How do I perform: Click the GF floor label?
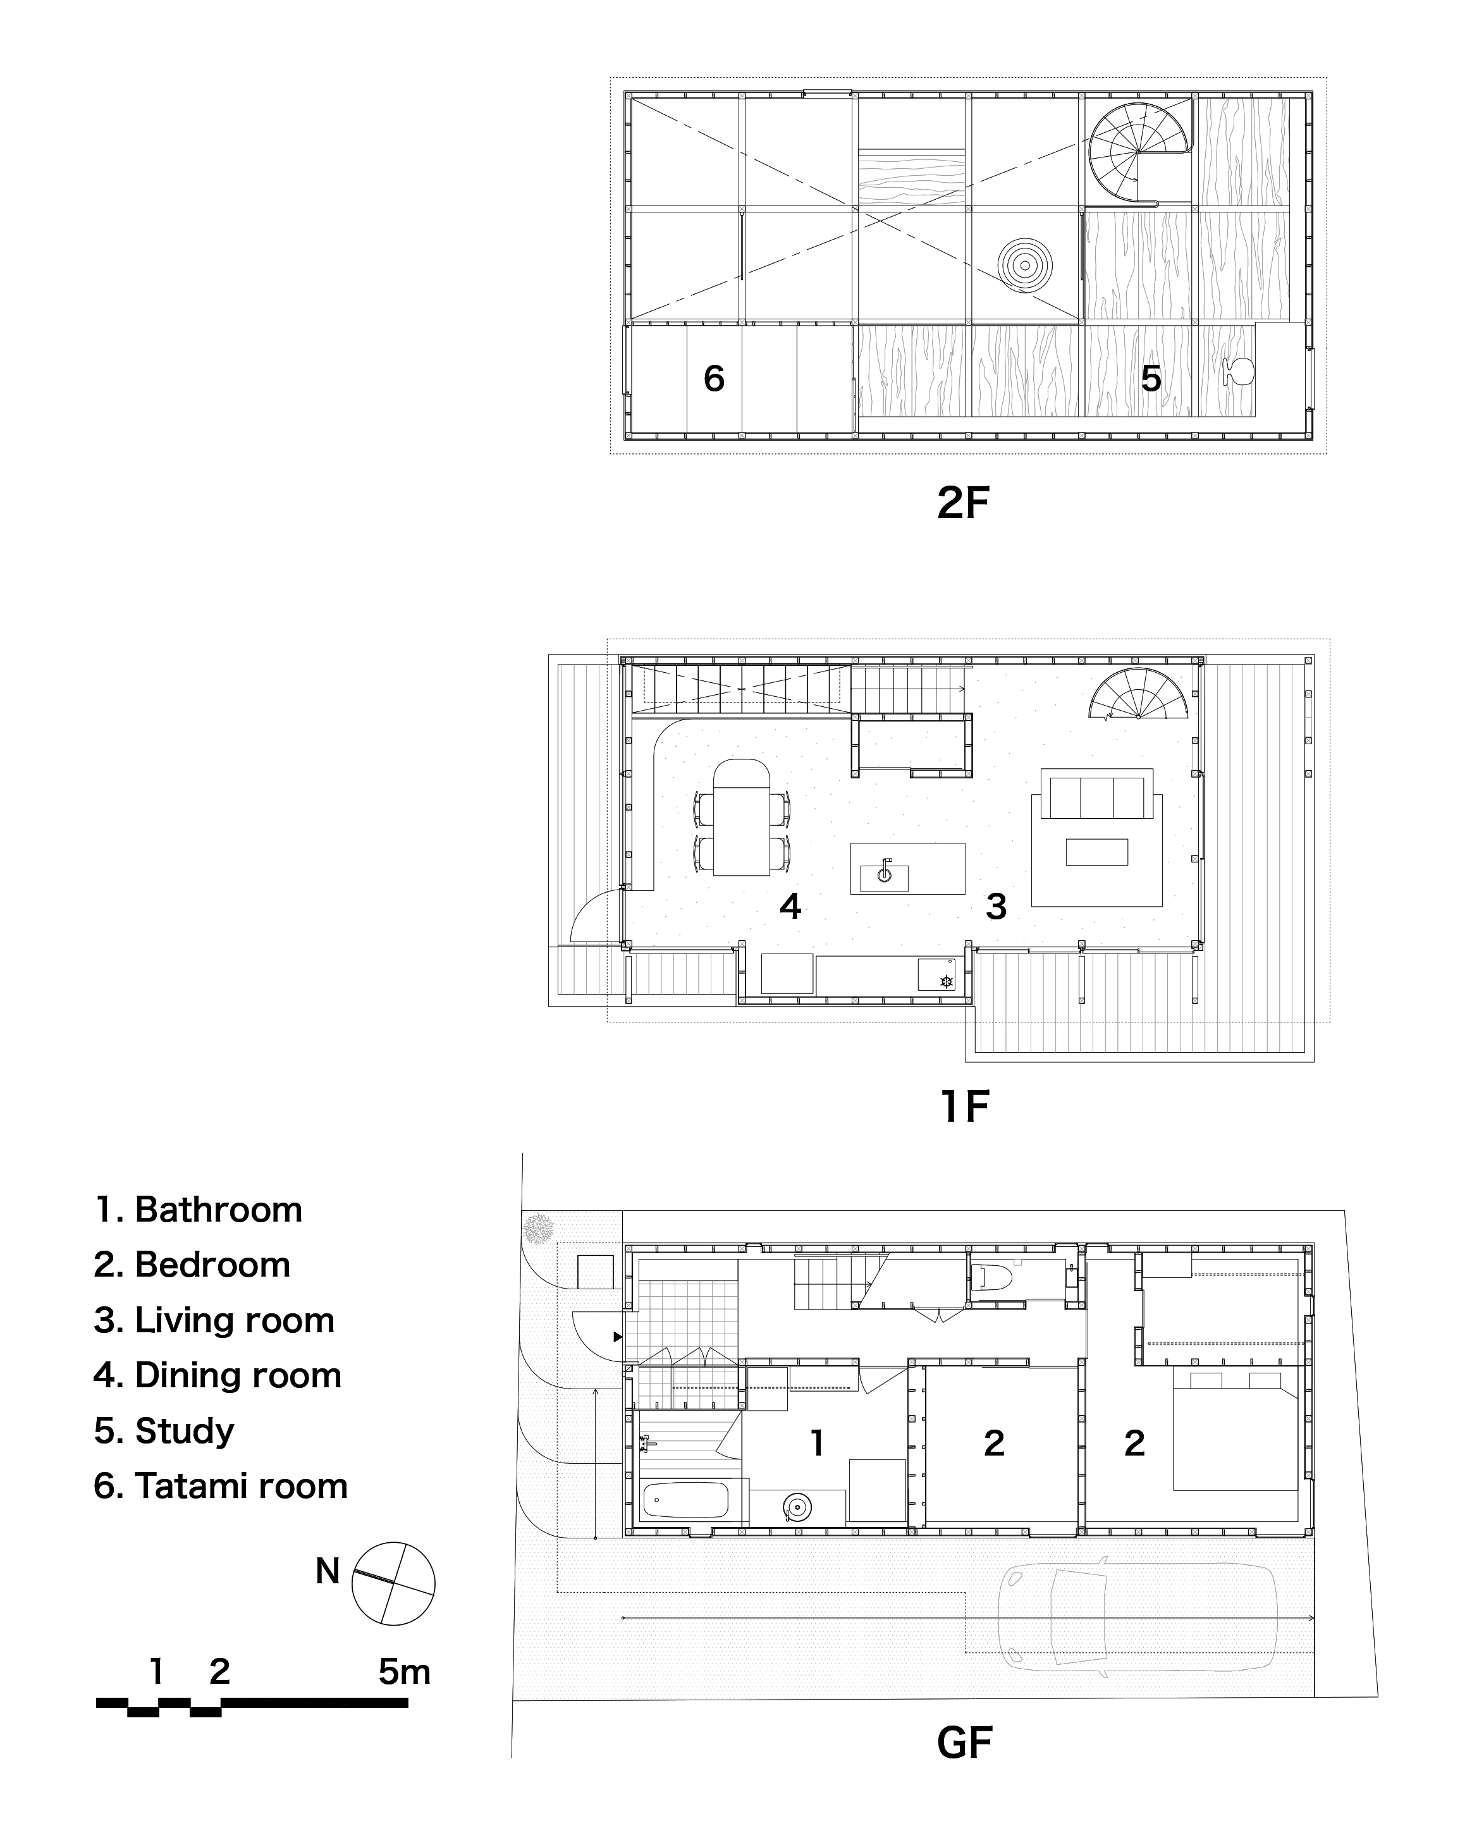964,1743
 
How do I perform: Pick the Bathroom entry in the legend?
199,1210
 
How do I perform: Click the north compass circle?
393,1583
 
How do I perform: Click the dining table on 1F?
742,818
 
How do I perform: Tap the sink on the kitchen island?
884,874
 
